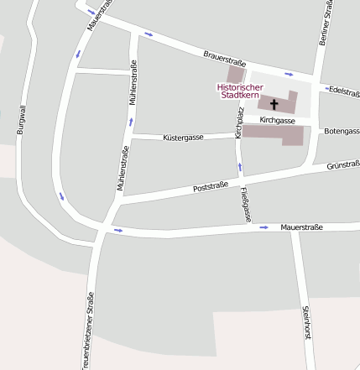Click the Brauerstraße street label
point(224,58)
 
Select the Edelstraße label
point(344,91)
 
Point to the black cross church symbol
point(274,105)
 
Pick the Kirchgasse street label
point(277,121)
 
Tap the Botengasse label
point(341,132)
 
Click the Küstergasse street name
point(183,135)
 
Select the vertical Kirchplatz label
point(239,122)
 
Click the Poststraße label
point(211,186)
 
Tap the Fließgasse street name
point(245,205)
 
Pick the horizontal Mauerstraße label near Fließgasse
point(302,227)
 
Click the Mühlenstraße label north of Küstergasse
point(133,83)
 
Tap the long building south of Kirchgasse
point(273,134)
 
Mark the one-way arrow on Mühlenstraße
point(131,122)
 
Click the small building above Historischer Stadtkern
point(236,74)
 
